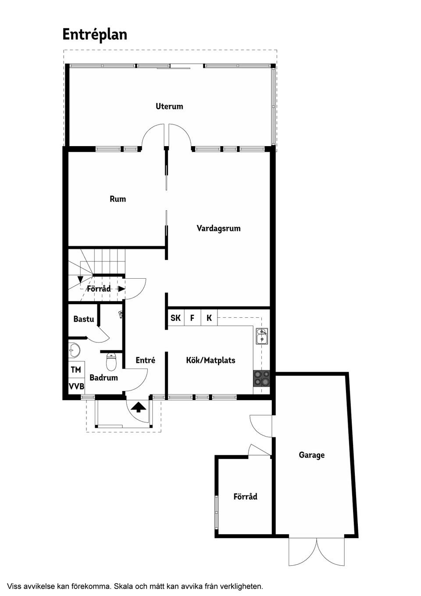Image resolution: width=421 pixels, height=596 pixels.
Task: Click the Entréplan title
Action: [95, 35]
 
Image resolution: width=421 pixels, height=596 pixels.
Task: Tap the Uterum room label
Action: [169, 106]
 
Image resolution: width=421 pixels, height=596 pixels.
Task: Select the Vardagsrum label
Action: [218, 228]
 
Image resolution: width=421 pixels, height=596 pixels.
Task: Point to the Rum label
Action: [118, 199]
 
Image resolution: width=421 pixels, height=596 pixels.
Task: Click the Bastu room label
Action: [83, 319]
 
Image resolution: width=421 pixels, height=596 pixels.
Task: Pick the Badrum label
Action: [103, 377]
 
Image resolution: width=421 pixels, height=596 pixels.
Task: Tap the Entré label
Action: [145, 360]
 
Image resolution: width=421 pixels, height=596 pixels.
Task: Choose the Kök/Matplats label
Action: [210, 360]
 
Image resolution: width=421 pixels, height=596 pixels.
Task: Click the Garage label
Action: [311, 455]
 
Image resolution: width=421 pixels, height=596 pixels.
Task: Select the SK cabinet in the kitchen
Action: [175, 318]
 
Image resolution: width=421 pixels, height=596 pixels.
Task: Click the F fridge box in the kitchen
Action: [192, 318]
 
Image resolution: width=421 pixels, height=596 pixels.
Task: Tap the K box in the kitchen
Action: [209, 318]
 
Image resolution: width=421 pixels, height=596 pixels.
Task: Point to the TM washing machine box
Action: [76, 370]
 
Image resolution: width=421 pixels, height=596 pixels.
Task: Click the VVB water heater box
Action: [76, 387]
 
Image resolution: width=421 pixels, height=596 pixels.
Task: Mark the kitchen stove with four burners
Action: [262, 378]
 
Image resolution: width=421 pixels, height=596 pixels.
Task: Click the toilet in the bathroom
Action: [111, 362]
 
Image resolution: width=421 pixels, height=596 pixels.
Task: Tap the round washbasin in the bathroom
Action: [74, 351]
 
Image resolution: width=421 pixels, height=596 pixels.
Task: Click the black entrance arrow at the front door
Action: [139, 407]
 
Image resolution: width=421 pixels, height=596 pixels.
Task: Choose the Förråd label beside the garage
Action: [245, 497]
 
